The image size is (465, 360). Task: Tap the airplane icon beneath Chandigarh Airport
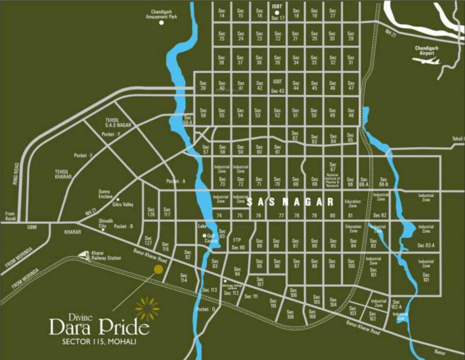[x=430, y=61]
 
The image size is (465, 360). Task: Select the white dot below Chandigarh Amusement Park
[x=162, y=22]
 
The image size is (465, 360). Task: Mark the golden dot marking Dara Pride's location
[x=159, y=269]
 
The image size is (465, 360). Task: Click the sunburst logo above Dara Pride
[x=147, y=308]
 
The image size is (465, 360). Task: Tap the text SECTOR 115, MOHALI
[x=99, y=342]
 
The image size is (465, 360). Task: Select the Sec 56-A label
[x=188, y=120]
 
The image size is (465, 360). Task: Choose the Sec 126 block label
[x=151, y=212]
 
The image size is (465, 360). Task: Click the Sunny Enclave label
[x=105, y=194]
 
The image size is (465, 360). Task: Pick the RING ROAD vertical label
[x=17, y=173]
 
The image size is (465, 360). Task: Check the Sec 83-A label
[x=426, y=245]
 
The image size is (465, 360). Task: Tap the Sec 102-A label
[x=397, y=304]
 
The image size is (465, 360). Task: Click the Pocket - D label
[x=206, y=309]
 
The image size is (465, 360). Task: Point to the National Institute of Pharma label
[x=332, y=180]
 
